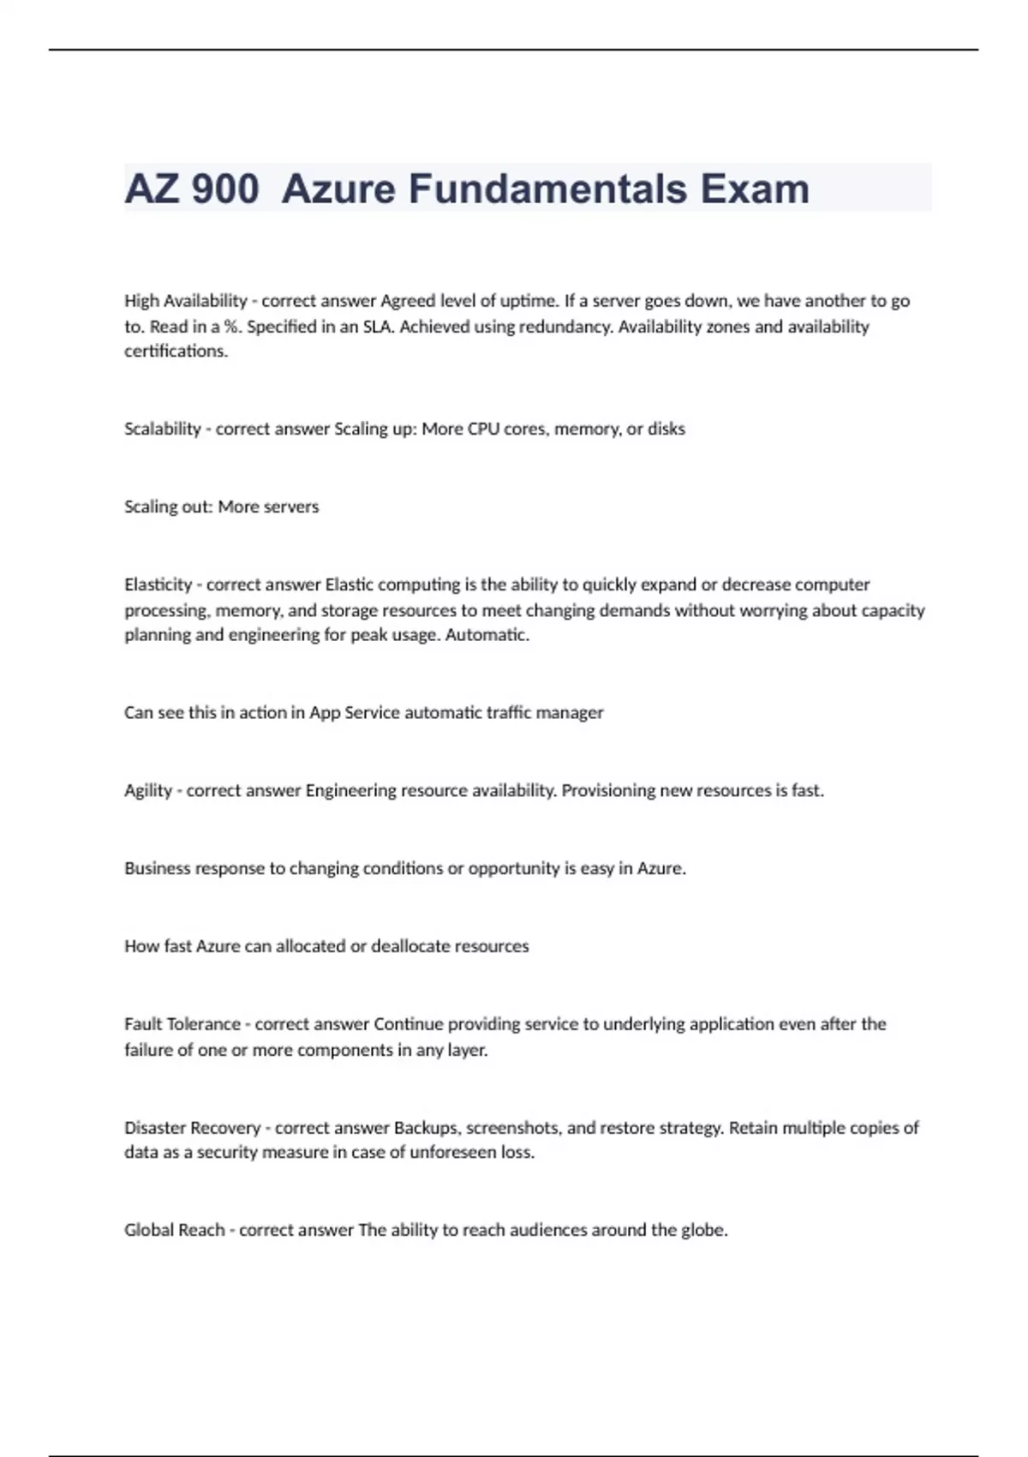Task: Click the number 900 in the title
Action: point(225,189)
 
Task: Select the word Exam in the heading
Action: point(754,189)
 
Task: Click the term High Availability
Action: point(185,301)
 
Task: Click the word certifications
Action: point(176,351)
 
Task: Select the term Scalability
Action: point(162,429)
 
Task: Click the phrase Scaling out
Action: point(167,507)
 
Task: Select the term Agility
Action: point(148,790)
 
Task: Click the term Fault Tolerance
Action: point(182,1024)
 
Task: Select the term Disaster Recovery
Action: point(192,1128)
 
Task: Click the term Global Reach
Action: point(174,1230)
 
